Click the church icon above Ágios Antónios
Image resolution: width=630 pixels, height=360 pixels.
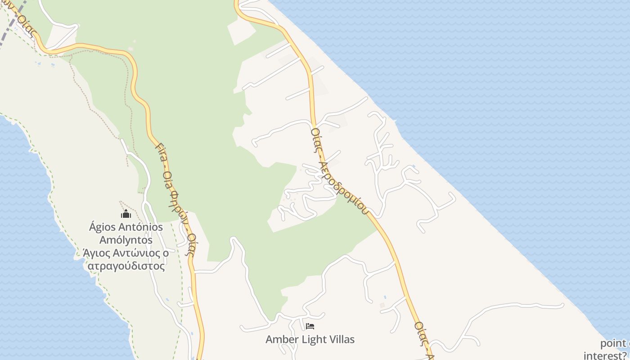point(126,214)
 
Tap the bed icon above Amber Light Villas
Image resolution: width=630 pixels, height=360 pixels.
point(310,326)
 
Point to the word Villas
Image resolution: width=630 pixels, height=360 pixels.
point(342,339)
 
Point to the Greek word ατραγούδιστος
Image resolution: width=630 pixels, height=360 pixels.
point(126,266)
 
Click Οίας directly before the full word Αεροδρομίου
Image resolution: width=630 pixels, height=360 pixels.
point(316,139)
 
